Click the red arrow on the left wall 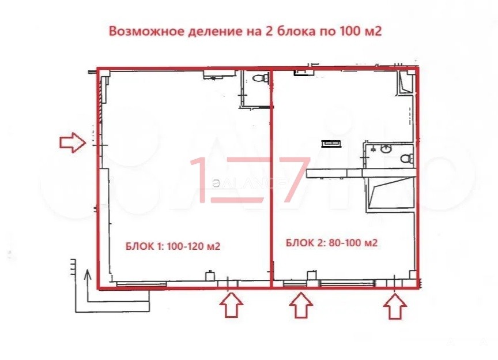tap(73, 142)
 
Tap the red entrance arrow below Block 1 tap(232, 305)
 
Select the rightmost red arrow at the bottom tap(395, 306)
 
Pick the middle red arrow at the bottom tap(301, 305)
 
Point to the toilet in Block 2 tap(407, 157)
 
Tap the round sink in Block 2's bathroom tap(386, 149)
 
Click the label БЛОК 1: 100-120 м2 tap(173, 246)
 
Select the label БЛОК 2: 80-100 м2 tap(331, 243)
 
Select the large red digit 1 tap(202, 179)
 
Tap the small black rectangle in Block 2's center tap(331, 144)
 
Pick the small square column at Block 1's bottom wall tap(209, 275)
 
